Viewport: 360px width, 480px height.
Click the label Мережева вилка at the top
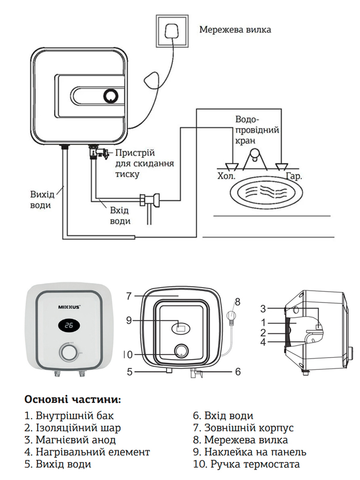[x=235, y=29]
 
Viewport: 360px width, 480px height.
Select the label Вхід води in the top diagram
[x=120, y=216]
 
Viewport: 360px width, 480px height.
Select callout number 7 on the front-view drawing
[x=130, y=296]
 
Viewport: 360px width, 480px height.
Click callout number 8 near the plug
[x=237, y=301]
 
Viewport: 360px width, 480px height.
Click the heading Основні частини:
[x=73, y=399]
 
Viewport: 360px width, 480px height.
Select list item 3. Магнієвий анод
[x=70, y=440]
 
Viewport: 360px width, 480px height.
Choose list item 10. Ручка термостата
[x=246, y=465]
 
